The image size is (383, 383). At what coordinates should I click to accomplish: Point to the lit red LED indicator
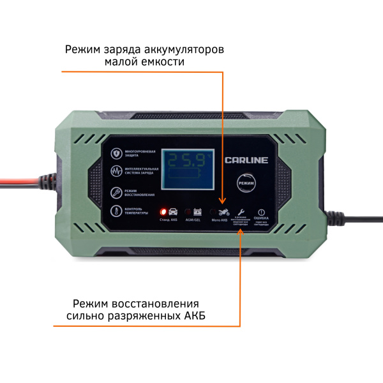[163, 211]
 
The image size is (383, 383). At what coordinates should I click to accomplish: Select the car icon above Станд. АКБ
[173, 211]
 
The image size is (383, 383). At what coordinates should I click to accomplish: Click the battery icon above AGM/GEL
[197, 211]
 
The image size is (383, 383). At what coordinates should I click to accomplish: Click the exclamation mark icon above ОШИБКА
[260, 212]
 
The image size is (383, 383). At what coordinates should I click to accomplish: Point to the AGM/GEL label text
[193, 220]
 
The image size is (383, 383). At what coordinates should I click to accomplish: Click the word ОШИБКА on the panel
[260, 220]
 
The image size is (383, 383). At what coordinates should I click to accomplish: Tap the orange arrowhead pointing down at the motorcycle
[223, 201]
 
